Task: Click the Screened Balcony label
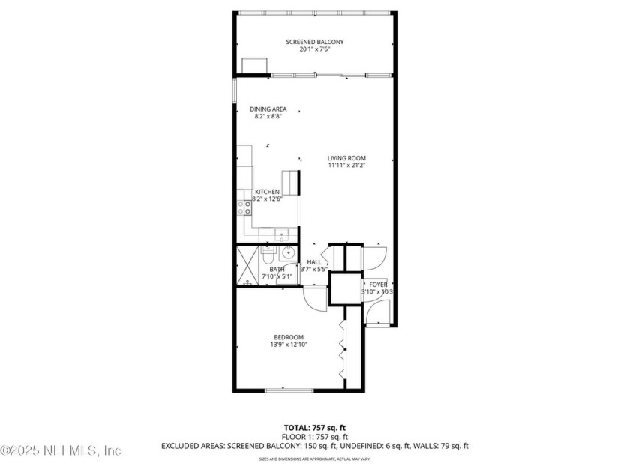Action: pos(315,42)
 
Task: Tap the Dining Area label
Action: pos(268,109)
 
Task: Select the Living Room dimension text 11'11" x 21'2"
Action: pos(346,166)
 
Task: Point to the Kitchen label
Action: pos(267,193)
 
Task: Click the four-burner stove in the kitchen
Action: pos(244,208)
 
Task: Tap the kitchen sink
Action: pos(280,232)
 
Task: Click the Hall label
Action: pos(314,262)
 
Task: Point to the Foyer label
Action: pos(378,285)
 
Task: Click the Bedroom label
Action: pos(289,337)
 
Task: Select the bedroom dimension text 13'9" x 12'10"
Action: pos(289,345)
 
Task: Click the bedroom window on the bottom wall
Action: pos(289,390)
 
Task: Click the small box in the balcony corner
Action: pos(255,65)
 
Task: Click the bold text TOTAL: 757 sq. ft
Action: pos(314,427)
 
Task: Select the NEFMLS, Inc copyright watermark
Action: pos(60,450)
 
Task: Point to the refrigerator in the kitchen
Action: pos(290,183)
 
